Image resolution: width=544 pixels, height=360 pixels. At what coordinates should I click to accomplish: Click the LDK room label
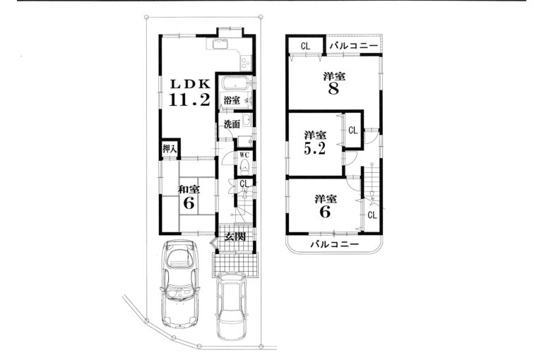pyautogui.click(x=189, y=83)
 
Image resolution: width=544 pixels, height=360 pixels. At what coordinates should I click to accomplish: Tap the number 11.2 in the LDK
pyautogui.click(x=189, y=100)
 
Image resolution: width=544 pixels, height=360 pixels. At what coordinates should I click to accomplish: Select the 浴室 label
pyautogui.click(x=232, y=101)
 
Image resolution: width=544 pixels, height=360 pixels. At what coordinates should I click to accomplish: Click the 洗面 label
pyautogui.click(x=232, y=124)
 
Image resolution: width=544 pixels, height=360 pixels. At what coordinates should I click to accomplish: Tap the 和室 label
pyautogui.click(x=188, y=189)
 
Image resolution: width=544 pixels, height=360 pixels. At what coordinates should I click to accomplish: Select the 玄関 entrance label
pyautogui.click(x=235, y=236)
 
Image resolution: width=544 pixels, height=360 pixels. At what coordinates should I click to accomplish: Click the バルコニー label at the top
pyautogui.click(x=352, y=47)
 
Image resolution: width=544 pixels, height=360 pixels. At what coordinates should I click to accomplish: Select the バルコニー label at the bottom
pyautogui.click(x=335, y=244)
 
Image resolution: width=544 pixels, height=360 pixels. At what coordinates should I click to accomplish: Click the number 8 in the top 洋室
pyautogui.click(x=333, y=89)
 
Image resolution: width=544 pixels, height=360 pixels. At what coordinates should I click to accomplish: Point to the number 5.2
pyautogui.click(x=315, y=149)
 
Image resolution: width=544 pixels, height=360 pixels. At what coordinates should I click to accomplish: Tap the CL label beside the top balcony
pyautogui.click(x=305, y=47)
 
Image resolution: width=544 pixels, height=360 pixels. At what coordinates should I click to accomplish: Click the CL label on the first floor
pyautogui.click(x=244, y=184)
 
